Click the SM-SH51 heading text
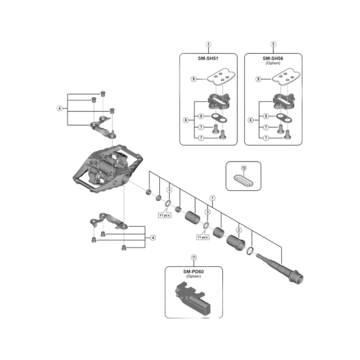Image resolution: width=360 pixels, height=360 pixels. tap(208, 58)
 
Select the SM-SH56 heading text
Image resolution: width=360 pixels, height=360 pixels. tap(273, 58)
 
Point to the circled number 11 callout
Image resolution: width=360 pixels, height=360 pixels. tap(194, 257)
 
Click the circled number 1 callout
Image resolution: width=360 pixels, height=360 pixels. tap(212, 197)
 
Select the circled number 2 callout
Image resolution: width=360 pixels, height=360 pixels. tap(239, 230)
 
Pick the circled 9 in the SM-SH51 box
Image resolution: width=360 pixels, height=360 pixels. tap(193, 79)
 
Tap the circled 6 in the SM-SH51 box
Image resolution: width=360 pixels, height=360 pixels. tap(185, 120)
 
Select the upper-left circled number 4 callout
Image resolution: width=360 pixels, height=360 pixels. tap(59, 108)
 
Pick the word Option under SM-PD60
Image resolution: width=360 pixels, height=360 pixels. tap(193, 276)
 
